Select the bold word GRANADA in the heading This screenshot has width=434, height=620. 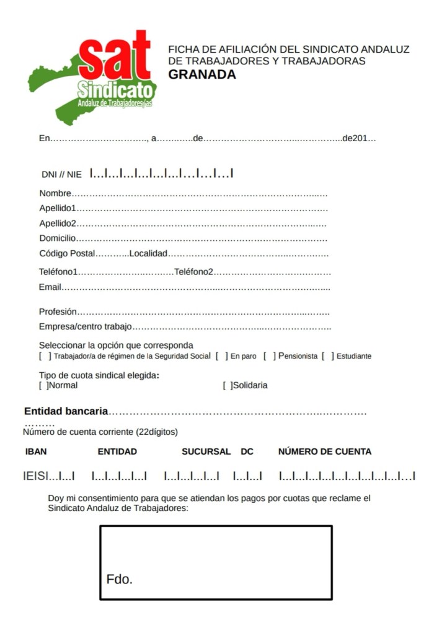pos(202,75)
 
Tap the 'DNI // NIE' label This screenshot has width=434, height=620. pos(61,175)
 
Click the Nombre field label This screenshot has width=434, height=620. pos(55,194)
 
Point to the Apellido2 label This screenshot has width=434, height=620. pos(58,223)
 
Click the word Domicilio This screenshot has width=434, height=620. pos(57,238)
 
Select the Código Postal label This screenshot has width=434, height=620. pos(67,253)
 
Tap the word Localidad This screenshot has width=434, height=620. pos(148,253)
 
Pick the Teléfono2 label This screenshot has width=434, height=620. pos(193,271)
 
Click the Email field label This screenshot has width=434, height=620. pos(50,287)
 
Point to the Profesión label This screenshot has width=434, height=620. pos(58,312)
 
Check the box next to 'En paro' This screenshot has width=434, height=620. pos(221,356)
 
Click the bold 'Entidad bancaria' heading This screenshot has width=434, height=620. pos(66,411)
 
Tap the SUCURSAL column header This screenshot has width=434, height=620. pos(206,452)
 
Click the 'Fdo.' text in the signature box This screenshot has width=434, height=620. pos(120,580)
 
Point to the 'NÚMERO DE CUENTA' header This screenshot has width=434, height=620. pos(324,452)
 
